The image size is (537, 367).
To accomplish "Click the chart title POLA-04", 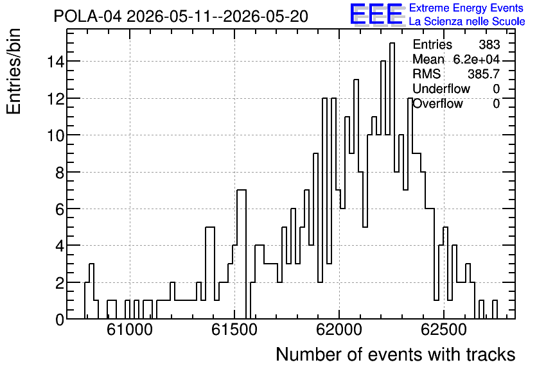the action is click(x=87, y=16).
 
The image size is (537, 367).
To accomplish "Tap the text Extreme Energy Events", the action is click(x=466, y=8).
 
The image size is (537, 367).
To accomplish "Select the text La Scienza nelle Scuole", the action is click(x=467, y=21).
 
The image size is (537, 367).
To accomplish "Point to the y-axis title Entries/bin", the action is click(x=13, y=72).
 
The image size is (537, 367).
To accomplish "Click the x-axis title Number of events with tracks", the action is click(x=396, y=354).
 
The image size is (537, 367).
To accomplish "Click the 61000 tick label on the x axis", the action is click(x=130, y=330).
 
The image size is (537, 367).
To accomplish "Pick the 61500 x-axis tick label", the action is click(x=234, y=330).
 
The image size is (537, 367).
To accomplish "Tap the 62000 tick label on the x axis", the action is click(x=339, y=330).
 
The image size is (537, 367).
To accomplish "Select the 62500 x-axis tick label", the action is click(x=444, y=330).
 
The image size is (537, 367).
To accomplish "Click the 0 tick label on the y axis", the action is click(x=60, y=320).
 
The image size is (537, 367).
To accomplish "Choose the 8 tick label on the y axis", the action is click(x=60, y=173).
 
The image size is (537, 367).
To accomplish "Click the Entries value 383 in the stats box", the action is click(x=489, y=44).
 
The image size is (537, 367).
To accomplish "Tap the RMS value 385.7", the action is click(x=484, y=74).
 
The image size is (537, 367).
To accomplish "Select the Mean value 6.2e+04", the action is click(x=477, y=59).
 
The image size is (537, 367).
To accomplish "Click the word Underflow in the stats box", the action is click(x=441, y=89).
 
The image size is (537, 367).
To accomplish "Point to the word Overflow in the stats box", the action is click(x=437, y=103).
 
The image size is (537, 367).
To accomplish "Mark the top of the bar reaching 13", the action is click(x=356, y=80).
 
